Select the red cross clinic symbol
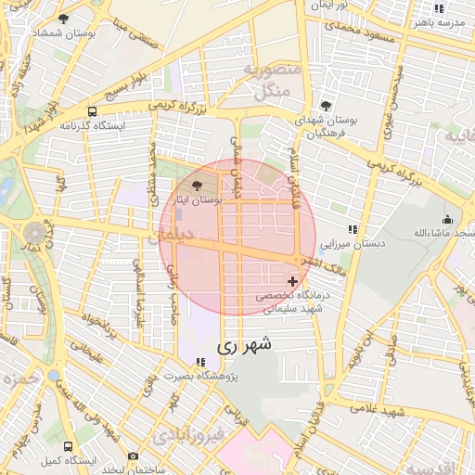pyautogui.click(x=293, y=281)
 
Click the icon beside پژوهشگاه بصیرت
pyautogui.click(x=200, y=362)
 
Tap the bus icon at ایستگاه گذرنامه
pyautogui.click(x=91, y=109)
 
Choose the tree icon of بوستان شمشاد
pyautogui.click(x=63, y=19)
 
